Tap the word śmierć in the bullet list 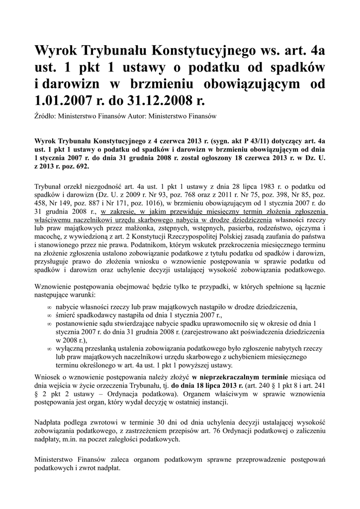(67, 315)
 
